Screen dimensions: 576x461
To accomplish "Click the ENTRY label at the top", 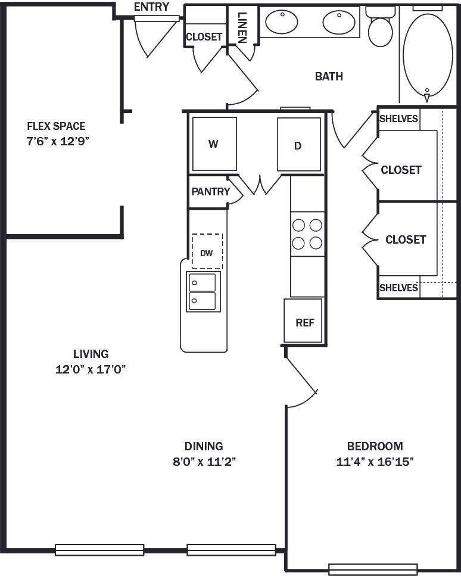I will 151,7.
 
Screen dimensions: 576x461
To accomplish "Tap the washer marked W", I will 214,144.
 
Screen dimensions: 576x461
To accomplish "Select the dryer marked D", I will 298,145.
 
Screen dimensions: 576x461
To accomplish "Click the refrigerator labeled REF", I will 304,321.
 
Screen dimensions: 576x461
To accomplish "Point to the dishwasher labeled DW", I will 207,252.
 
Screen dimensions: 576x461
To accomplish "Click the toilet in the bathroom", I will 380,27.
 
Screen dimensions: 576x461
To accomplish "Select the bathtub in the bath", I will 427,54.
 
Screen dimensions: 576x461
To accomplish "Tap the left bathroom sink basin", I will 281,22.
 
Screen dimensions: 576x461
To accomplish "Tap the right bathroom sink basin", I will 339,22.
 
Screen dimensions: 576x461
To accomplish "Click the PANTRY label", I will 210,192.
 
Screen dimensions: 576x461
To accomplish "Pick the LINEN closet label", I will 242,27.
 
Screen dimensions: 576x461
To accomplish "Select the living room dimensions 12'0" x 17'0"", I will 91,369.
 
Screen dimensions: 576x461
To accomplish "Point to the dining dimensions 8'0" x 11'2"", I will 203,462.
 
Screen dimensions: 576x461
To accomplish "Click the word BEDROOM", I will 375,446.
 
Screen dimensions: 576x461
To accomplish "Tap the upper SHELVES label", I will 398,119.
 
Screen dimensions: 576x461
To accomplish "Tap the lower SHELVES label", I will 398,288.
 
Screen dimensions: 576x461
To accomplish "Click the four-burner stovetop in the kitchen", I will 307,233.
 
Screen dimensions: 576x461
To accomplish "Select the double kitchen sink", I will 203,291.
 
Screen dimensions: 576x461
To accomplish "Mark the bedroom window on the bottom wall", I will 373,568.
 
